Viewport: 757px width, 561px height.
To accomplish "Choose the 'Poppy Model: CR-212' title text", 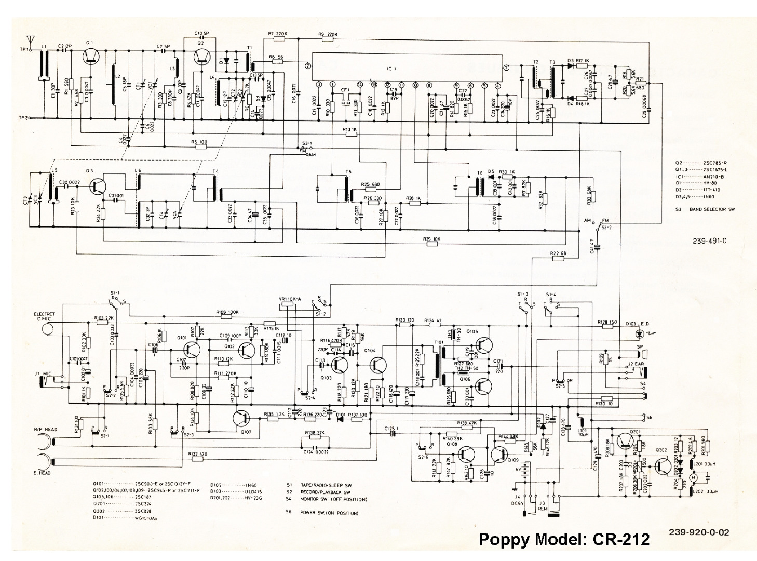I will click(563, 539).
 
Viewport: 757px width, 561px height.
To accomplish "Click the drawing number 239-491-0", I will click(710, 241).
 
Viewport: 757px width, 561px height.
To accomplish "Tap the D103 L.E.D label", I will click(640, 324).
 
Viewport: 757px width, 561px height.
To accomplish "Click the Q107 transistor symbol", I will click(242, 418).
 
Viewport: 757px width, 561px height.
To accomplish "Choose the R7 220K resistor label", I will click(278, 34).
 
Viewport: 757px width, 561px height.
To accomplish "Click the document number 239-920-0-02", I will click(699, 532).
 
